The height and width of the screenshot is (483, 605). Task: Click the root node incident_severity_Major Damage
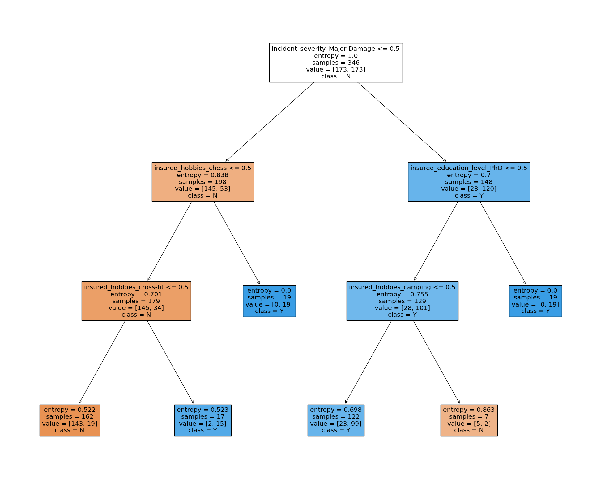336,63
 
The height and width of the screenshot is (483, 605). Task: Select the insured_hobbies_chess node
202,182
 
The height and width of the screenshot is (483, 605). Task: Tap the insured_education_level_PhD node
469,182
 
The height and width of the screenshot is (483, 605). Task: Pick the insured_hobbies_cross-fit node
136,301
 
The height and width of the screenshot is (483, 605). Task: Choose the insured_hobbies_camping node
402,301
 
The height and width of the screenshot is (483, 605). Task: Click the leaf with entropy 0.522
70,420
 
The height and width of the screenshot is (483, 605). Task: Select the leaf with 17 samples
202,420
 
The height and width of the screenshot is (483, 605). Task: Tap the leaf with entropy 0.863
469,420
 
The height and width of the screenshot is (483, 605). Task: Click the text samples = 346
336,63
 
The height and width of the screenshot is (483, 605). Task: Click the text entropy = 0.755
402,294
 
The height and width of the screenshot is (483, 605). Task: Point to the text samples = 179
136,301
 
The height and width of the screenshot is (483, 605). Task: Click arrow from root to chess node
270,122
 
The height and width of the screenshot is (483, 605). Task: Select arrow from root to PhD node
402,122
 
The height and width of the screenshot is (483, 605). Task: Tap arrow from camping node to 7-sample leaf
436,362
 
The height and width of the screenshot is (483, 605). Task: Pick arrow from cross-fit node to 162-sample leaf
102,362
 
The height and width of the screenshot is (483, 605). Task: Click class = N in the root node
336,76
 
